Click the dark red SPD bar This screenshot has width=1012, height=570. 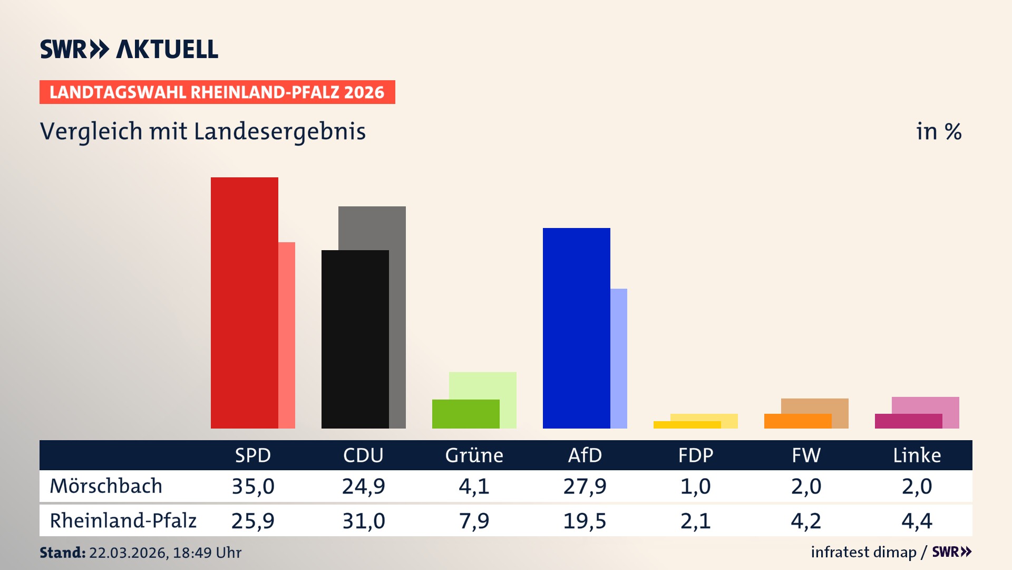(x=244, y=302)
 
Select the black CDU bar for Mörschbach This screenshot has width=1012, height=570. (x=355, y=339)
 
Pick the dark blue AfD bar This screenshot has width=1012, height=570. (x=576, y=328)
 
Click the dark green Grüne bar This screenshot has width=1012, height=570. (x=465, y=414)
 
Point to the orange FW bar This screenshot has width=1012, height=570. (x=797, y=421)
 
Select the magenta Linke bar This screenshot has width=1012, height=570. (x=908, y=421)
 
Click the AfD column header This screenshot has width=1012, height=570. (x=585, y=455)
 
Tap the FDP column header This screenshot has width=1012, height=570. (x=695, y=455)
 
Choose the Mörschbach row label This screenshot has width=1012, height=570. (x=106, y=486)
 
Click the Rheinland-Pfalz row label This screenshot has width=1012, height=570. (x=123, y=521)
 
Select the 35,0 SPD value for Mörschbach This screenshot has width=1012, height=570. (x=253, y=486)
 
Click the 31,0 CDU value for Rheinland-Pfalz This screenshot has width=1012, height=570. (x=364, y=521)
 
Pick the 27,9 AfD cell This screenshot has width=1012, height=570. (x=585, y=486)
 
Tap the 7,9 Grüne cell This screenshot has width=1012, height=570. (x=474, y=521)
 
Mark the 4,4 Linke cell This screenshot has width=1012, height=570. (x=917, y=521)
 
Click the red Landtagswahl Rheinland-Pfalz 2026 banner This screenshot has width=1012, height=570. (x=217, y=92)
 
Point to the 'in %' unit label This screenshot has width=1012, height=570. (x=939, y=131)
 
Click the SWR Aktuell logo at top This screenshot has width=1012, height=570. (x=129, y=49)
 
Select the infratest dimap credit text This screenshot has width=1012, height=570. (x=863, y=552)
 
